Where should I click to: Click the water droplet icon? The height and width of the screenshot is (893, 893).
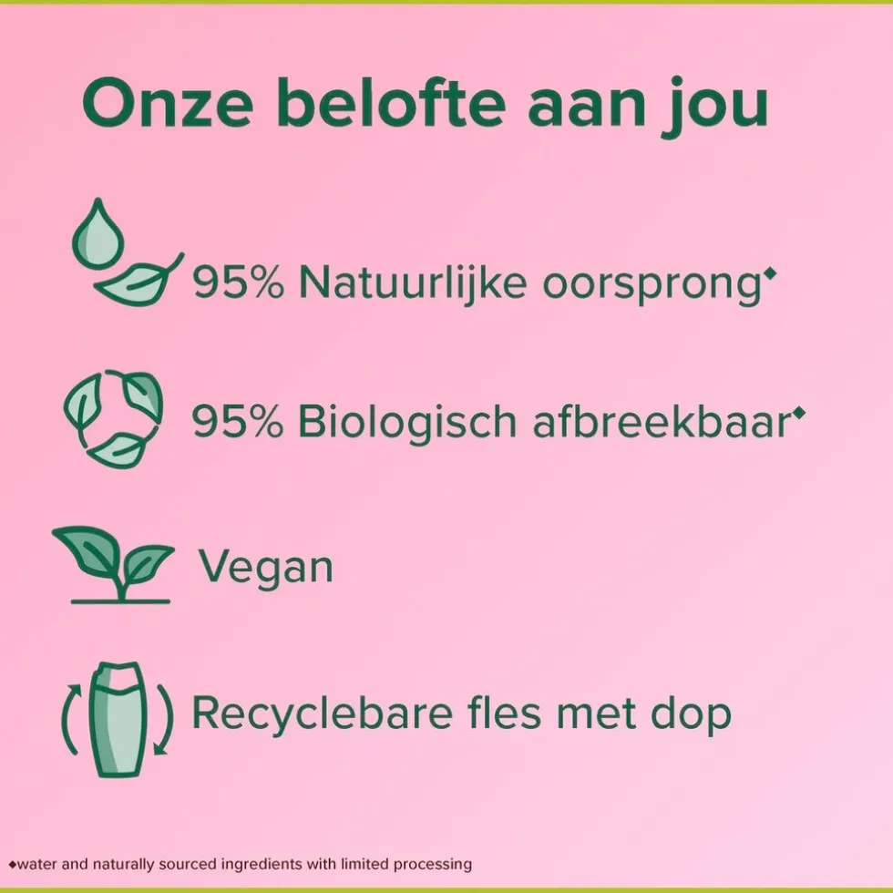tap(94, 234)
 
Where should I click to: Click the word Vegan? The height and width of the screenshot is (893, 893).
tap(266, 568)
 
